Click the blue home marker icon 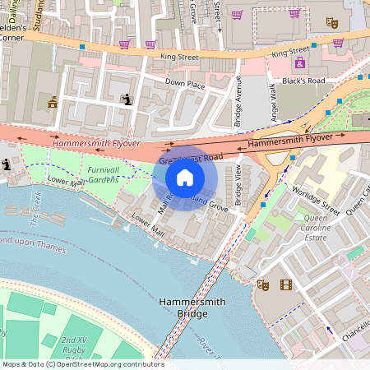[x=185, y=178]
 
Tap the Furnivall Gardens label [x=104, y=174]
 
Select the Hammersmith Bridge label [x=189, y=310]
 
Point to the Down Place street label [x=185, y=84]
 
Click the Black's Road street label [x=304, y=81]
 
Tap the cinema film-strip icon [x=285, y=285]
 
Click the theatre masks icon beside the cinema [x=263, y=285]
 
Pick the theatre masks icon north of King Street [x=332, y=23]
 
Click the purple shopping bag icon [x=299, y=63]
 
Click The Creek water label [x=35, y=209]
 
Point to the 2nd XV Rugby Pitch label [x=74, y=345]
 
